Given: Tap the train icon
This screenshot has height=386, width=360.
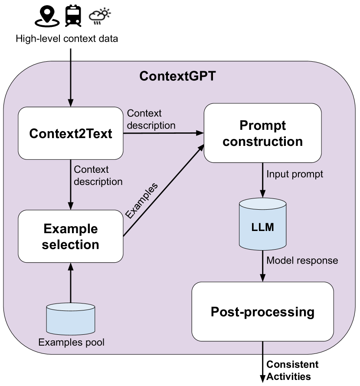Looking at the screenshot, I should point(72,16).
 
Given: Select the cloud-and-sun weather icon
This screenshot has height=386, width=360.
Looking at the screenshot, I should point(100,16).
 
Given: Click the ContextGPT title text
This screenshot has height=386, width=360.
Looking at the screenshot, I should point(177,76).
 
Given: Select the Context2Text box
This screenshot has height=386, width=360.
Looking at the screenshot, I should point(71,133).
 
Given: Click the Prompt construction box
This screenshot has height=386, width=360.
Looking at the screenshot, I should point(262,133).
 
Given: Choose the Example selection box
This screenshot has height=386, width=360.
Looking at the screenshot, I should point(71,237).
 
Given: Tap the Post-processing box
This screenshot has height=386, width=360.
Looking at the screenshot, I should point(262,312).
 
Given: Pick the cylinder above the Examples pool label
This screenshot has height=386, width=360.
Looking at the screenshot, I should point(71,319).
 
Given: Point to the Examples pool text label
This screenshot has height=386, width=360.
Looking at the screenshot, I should point(72,343).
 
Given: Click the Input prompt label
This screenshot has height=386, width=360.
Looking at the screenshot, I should point(295,174).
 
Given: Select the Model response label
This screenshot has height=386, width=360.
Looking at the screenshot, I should point(302,261).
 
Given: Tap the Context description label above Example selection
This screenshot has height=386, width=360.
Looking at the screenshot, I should point(98,175).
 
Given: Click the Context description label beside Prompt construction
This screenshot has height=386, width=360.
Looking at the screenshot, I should point(151,119).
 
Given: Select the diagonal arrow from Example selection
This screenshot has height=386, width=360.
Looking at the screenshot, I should point(164,191).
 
